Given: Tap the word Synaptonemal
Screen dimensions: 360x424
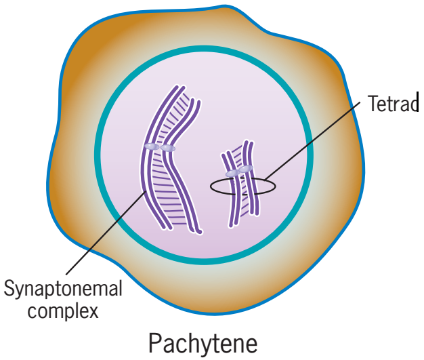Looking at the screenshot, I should (x=64, y=289).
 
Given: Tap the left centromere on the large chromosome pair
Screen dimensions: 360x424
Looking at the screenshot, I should (x=152, y=146).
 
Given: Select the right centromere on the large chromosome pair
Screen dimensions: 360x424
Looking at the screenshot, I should (x=167, y=148).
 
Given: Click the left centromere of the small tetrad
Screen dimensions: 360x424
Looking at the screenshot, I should (x=232, y=174).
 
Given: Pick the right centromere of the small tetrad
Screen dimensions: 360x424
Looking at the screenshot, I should (x=246, y=169).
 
